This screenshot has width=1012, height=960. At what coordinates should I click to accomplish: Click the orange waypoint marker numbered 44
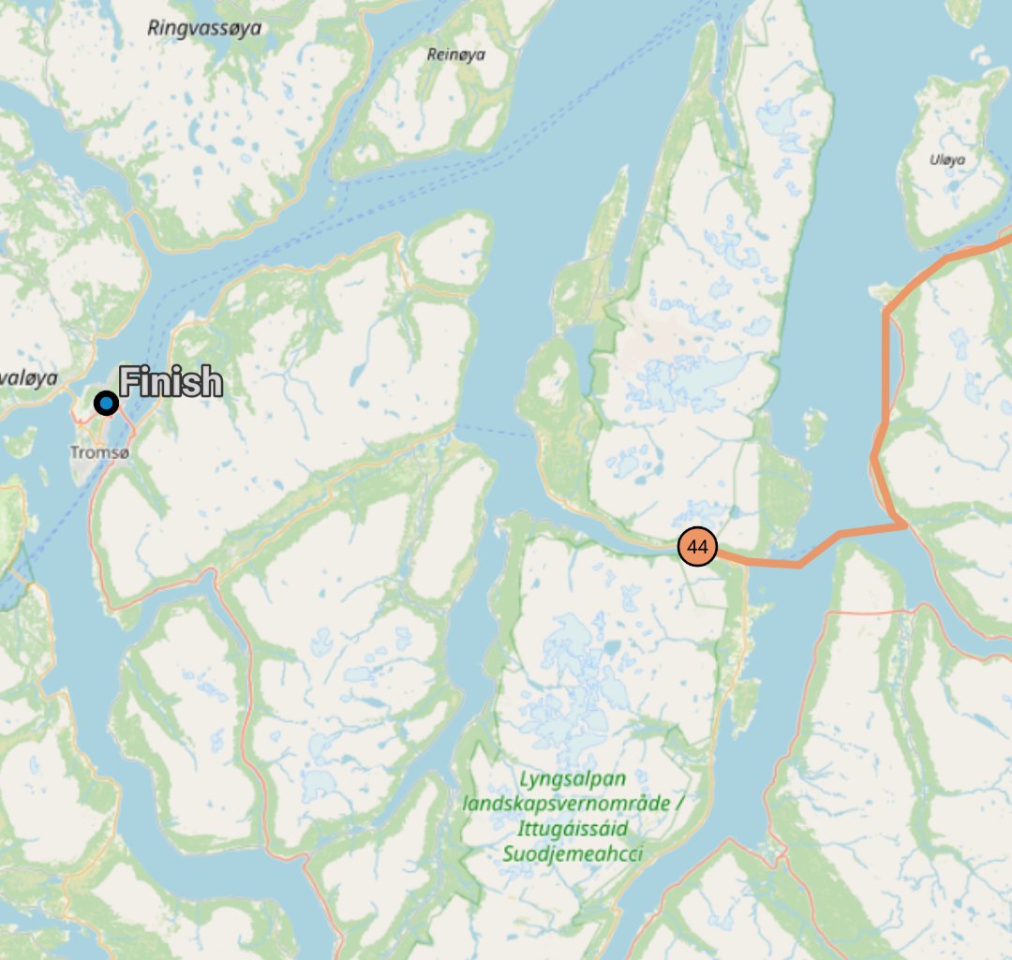(x=696, y=546)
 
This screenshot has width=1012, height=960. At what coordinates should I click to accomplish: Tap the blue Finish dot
(x=106, y=404)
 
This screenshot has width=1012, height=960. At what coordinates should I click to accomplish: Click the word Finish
(x=171, y=383)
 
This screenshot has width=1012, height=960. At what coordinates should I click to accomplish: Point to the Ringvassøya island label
(x=204, y=28)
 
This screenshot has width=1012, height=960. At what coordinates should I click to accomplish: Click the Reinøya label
(x=456, y=54)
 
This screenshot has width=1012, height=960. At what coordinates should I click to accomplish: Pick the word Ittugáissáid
(x=572, y=829)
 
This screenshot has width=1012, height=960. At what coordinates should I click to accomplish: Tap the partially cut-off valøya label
(x=28, y=378)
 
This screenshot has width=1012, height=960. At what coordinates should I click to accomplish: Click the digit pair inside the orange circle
(x=696, y=546)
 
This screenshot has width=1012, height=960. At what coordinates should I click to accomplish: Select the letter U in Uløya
(x=933, y=159)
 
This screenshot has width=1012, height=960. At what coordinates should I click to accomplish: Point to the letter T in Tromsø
(x=74, y=452)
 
